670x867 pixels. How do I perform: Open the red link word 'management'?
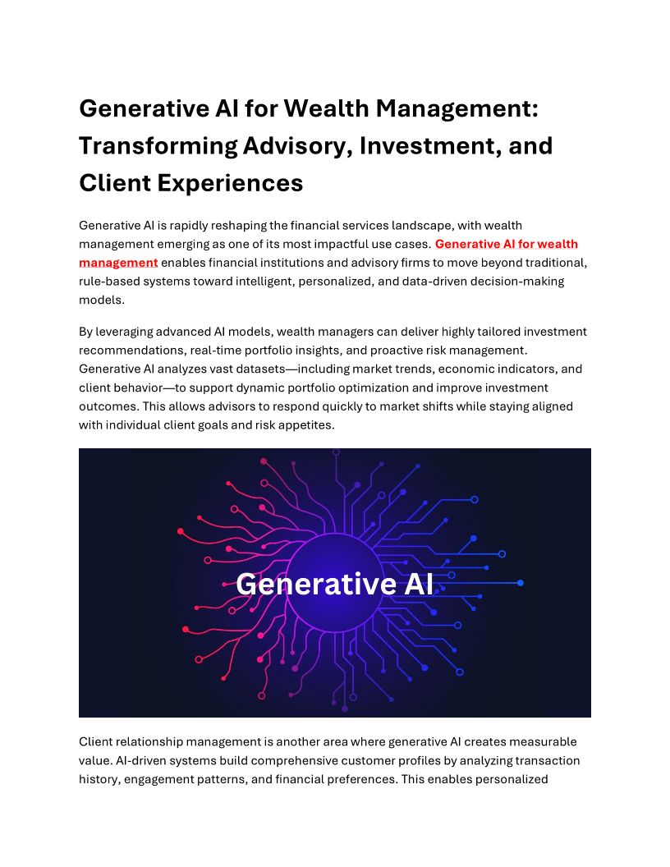click(118, 263)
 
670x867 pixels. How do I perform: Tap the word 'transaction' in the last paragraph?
click(544, 760)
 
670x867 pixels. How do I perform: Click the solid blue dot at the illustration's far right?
click(520, 583)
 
